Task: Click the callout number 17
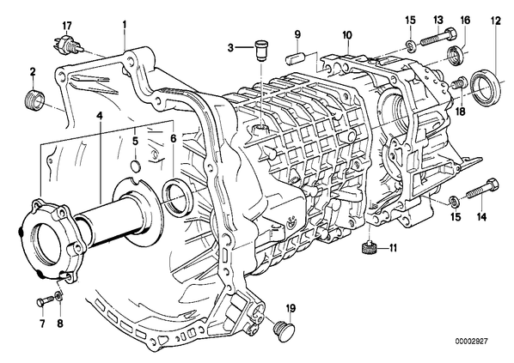click(67, 26)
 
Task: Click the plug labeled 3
click(261, 50)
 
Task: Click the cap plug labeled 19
click(284, 330)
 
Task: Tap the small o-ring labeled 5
click(136, 166)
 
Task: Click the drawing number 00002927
click(471, 341)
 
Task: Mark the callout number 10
click(346, 35)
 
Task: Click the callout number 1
click(125, 24)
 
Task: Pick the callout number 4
click(100, 116)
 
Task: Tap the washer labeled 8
click(58, 296)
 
